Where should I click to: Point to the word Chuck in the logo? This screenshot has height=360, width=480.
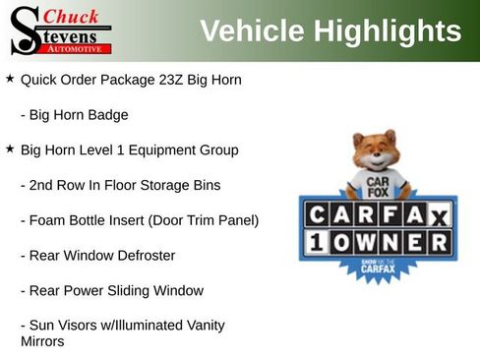tap(72, 16)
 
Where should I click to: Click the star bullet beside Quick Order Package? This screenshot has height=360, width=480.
tap(10, 78)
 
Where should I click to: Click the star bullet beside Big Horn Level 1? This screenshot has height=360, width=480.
tap(10, 150)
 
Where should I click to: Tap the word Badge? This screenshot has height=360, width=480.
tap(107, 114)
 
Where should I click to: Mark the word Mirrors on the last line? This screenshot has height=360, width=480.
tap(42, 341)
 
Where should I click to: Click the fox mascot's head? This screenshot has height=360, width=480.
tap(375, 151)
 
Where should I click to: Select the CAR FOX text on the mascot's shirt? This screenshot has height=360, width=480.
tap(375, 186)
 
